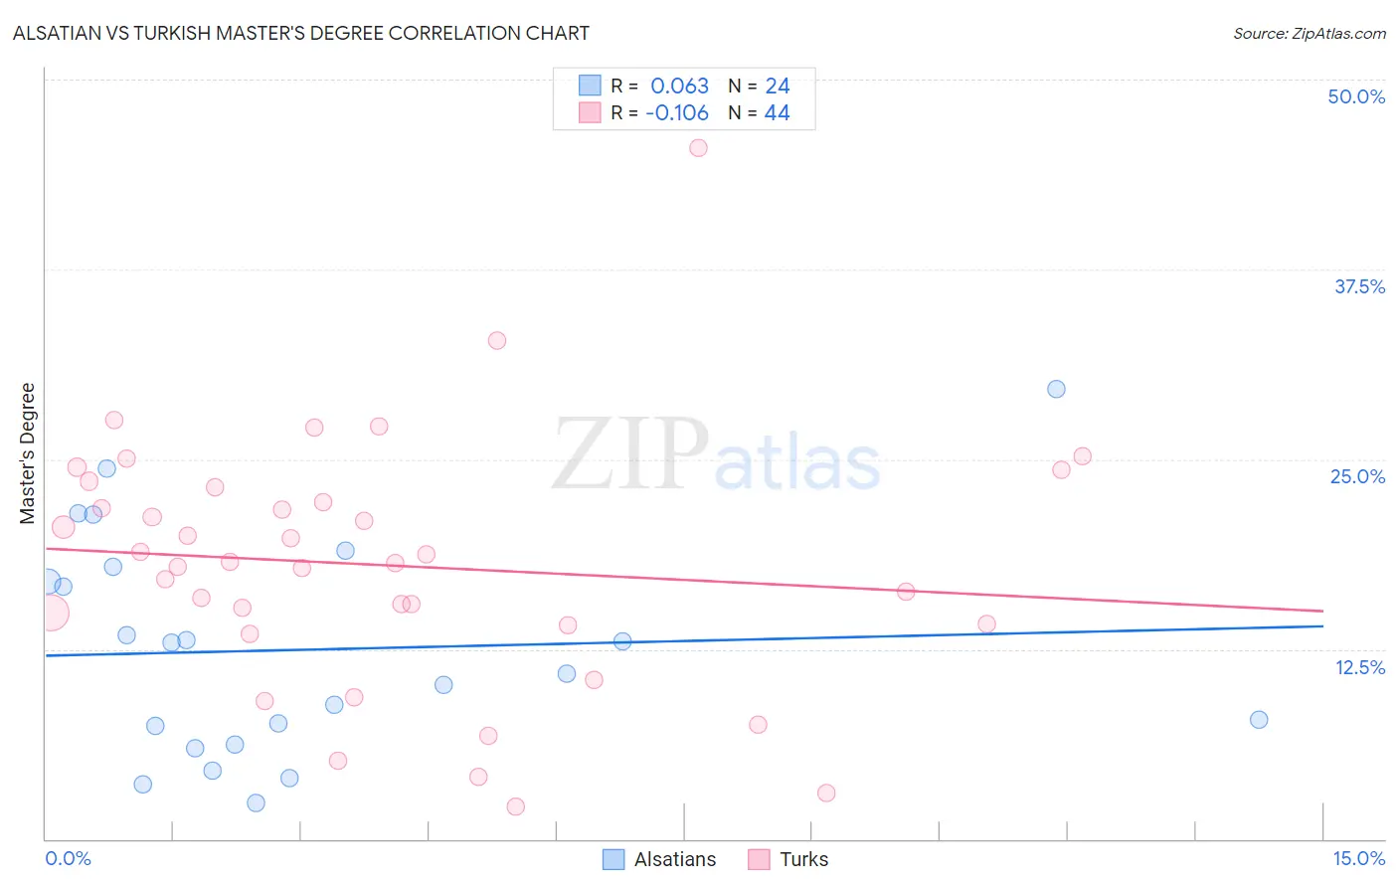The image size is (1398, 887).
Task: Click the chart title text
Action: (300, 33)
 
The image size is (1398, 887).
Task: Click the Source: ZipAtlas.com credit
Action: (1309, 33)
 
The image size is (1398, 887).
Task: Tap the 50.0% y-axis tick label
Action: (1356, 96)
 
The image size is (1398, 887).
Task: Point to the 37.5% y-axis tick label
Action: (1359, 286)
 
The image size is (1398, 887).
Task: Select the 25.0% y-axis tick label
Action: (1357, 476)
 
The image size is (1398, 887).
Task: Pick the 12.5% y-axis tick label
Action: (1359, 667)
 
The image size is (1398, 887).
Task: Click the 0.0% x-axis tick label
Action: (68, 858)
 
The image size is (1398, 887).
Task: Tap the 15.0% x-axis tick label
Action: (1358, 858)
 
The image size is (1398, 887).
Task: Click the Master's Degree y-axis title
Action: (28, 452)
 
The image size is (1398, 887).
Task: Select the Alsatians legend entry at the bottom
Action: (660, 859)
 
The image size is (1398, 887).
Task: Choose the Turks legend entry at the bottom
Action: (788, 859)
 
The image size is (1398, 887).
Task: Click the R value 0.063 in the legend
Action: (679, 86)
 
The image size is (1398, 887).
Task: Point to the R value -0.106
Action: (677, 112)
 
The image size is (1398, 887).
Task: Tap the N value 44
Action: (777, 112)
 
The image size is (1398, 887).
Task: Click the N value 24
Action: (777, 86)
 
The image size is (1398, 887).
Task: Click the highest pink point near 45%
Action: (698, 147)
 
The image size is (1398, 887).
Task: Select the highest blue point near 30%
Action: (1056, 389)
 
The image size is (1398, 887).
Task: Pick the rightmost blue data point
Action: (1259, 719)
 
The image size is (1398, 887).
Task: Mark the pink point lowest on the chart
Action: (515, 806)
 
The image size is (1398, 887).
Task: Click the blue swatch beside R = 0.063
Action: (590, 86)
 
